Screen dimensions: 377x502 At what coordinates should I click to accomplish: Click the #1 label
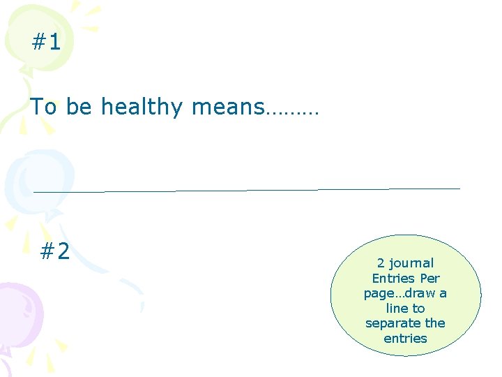[x=46, y=43]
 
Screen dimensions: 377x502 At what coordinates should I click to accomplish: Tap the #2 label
[x=55, y=251]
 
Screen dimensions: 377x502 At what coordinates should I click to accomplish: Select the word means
[x=227, y=108]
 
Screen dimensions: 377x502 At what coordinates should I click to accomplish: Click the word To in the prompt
[x=43, y=107]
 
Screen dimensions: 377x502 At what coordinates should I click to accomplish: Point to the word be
[x=79, y=107]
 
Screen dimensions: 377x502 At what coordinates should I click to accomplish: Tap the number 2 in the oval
[x=381, y=263]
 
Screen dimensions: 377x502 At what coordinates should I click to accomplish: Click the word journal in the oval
[x=411, y=263]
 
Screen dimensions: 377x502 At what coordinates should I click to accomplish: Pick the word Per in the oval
[x=430, y=278]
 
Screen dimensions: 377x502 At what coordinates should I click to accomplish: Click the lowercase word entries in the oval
[x=405, y=338]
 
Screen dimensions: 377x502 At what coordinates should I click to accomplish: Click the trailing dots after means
[x=292, y=110]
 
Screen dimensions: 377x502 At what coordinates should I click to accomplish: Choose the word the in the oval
[x=435, y=323]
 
